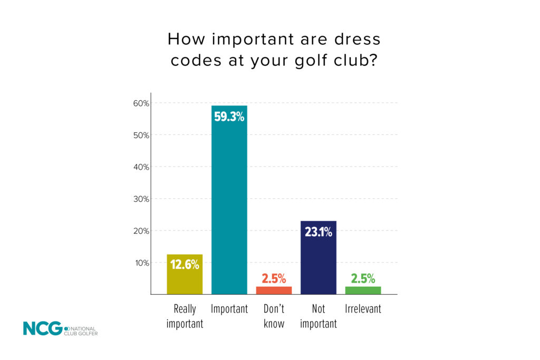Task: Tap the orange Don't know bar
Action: click(x=274, y=290)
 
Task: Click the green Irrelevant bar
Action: click(x=363, y=290)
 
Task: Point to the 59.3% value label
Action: click(x=229, y=116)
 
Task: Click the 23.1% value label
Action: click(x=318, y=231)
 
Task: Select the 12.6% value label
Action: click(x=185, y=265)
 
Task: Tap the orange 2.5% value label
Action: click(x=274, y=279)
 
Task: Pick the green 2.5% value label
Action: click(x=363, y=279)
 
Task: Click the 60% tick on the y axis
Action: click(x=141, y=103)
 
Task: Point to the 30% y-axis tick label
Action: click(x=141, y=199)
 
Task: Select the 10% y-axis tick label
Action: click(x=141, y=263)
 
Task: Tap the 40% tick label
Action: click(x=141, y=167)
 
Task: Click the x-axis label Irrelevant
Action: click(x=363, y=309)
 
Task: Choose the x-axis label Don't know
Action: click(x=274, y=316)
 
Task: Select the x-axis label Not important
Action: click(x=318, y=316)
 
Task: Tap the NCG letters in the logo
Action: click(x=42, y=328)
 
